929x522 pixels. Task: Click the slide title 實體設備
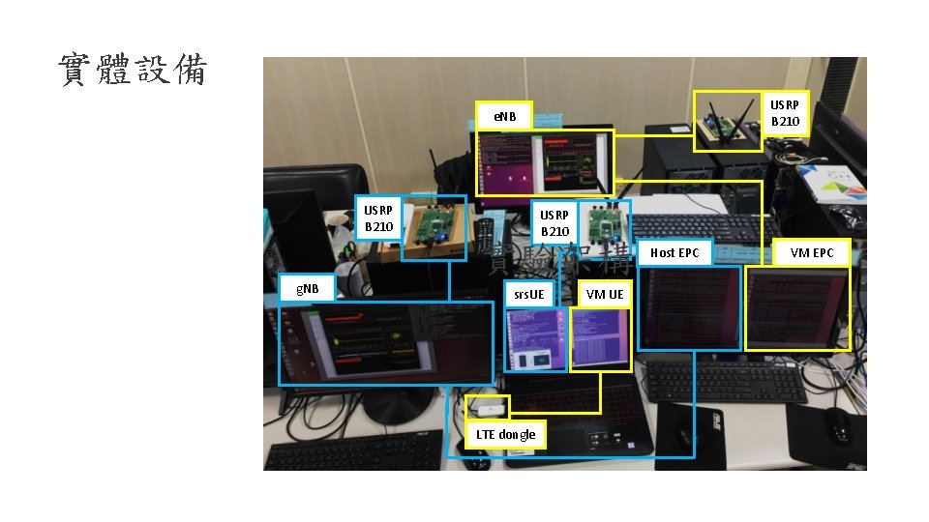[x=133, y=71]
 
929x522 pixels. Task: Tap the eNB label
[x=503, y=117]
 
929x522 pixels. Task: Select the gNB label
[x=306, y=287]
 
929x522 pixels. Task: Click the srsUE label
[x=529, y=294]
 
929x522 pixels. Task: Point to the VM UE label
[x=605, y=294]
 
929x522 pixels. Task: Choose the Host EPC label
[x=674, y=252]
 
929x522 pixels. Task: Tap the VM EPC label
[x=811, y=252]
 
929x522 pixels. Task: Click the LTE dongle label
[x=505, y=434]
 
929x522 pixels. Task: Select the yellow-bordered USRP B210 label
[x=784, y=113]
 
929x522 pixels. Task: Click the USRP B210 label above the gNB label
[x=378, y=218]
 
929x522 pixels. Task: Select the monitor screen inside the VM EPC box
[x=796, y=306]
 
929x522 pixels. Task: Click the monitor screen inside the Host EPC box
[x=687, y=307]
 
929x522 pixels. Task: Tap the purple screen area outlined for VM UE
[x=600, y=336]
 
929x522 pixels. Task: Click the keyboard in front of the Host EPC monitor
[x=725, y=383]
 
